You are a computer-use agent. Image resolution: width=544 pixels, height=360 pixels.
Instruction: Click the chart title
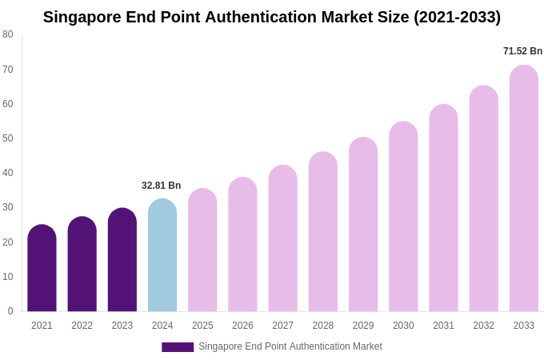click(x=272, y=17)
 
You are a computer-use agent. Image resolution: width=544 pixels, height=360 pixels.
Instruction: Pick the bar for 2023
click(x=122, y=260)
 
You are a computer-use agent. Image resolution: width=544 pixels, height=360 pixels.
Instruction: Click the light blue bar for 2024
click(x=162, y=255)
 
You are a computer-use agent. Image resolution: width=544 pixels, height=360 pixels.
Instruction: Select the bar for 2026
click(x=242, y=245)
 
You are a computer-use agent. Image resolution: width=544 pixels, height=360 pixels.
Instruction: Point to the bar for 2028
click(x=323, y=232)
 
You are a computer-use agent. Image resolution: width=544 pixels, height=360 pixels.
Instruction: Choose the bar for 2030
click(x=403, y=217)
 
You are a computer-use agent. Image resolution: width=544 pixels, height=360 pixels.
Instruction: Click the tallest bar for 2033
click(x=524, y=189)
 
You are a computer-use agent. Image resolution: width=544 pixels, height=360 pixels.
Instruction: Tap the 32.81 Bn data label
click(x=162, y=186)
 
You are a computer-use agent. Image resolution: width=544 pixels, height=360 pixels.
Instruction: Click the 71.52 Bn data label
click(x=522, y=51)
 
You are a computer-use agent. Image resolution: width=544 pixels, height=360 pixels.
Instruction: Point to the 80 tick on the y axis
click(x=8, y=34)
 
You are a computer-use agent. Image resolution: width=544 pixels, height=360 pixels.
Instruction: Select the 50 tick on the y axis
click(x=8, y=138)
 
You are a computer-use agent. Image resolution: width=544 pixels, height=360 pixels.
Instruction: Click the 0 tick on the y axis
click(x=10, y=311)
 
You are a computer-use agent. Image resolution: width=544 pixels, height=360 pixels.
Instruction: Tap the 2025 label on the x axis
click(x=202, y=326)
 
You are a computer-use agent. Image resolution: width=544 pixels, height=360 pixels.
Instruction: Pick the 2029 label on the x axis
click(x=363, y=326)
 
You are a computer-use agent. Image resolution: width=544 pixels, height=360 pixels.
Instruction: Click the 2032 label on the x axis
click(x=483, y=326)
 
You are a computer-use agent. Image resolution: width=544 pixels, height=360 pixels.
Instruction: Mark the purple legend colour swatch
click(x=178, y=347)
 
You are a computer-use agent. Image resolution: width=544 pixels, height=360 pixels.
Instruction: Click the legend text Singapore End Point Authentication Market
click(x=290, y=346)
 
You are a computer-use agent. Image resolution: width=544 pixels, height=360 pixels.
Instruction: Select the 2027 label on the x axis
click(x=282, y=326)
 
